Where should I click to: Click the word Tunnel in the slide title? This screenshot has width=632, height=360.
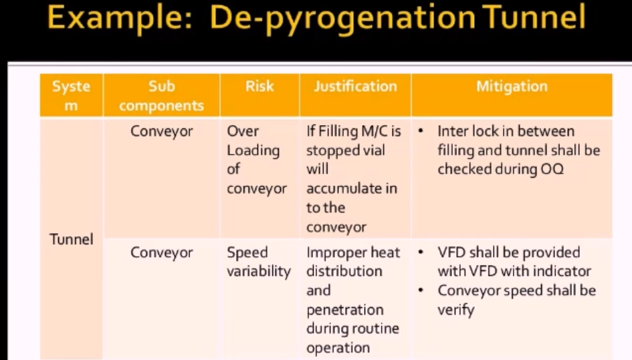534,18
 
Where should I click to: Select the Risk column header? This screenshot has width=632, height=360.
259,86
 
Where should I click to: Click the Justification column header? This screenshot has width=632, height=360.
356,86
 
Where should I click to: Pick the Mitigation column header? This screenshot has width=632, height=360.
512,86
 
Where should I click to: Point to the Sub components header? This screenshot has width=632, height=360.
161,96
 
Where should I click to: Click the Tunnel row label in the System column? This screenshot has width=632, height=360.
72,239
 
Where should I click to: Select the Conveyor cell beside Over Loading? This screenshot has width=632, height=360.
162,132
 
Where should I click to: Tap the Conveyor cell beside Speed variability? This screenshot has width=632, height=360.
162,253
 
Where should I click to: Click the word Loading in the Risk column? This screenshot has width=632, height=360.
253,151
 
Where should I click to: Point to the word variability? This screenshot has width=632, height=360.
259,271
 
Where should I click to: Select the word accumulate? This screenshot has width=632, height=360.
352,188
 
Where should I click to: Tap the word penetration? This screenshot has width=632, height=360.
345,310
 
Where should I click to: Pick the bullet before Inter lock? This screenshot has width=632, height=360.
421,131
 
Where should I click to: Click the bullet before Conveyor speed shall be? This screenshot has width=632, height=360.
421,290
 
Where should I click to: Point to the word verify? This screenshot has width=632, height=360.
456,310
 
